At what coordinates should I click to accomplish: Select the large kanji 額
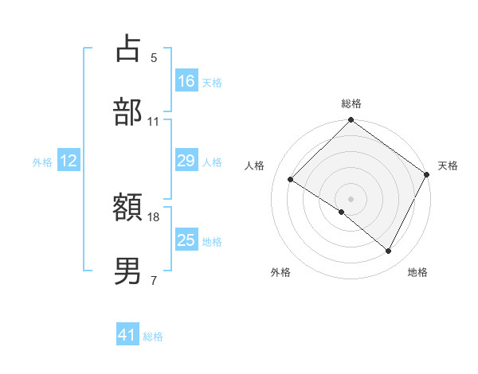click(128, 208)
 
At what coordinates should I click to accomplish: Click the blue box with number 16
click(186, 81)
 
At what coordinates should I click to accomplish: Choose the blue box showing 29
click(186, 162)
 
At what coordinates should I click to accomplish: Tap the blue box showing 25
click(186, 241)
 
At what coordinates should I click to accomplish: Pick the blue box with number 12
click(69, 162)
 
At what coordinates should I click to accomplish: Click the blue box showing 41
click(127, 336)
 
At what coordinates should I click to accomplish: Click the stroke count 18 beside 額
click(154, 216)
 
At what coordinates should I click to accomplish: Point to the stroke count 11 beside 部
click(154, 121)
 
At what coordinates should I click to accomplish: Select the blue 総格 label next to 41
click(153, 337)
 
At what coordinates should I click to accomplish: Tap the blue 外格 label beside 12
click(42, 162)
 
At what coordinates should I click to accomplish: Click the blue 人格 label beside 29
click(212, 162)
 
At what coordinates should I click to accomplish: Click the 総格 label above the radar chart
click(351, 103)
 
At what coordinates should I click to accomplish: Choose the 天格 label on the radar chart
click(448, 166)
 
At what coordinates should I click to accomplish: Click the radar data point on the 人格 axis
click(291, 179)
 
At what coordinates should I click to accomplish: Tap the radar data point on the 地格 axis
click(389, 251)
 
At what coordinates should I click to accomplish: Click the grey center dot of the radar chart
click(351, 198)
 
